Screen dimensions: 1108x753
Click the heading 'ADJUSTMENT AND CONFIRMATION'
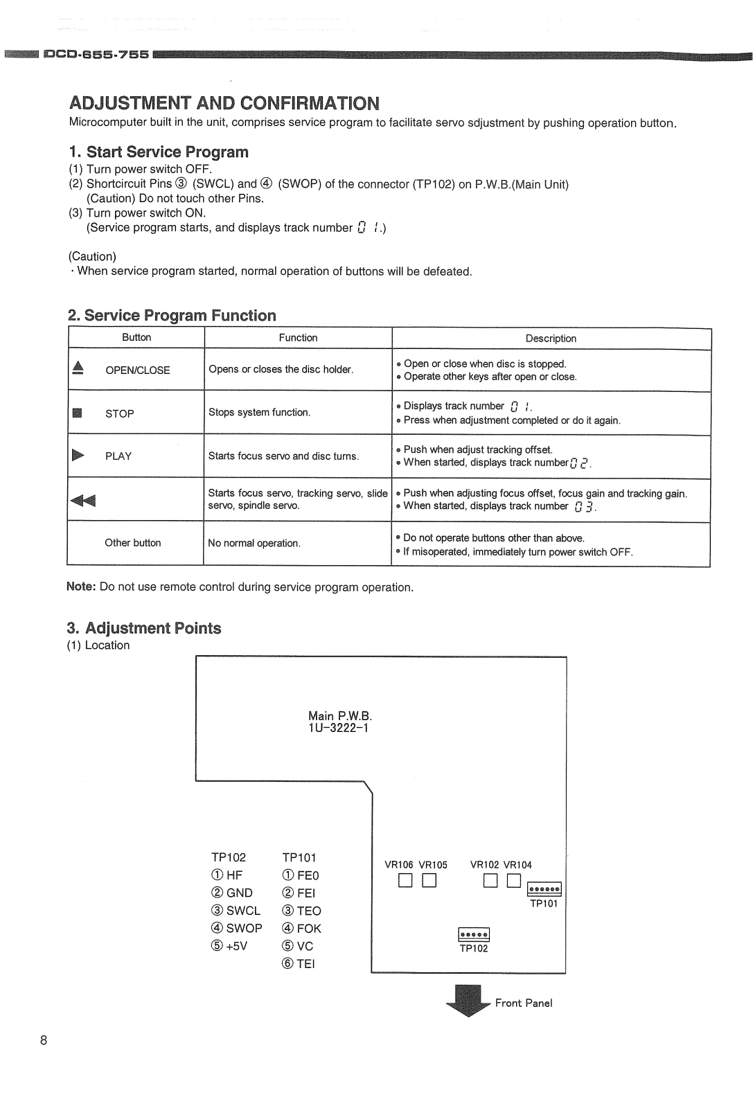(224, 103)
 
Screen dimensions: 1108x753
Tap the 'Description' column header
(551, 339)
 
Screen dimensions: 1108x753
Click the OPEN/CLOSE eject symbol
(78, 368)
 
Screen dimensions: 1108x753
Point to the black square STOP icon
(78, 413)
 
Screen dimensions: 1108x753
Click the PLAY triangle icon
(78, 455)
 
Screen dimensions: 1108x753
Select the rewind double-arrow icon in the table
(83, 500)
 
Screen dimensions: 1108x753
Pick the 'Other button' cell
(133, 543)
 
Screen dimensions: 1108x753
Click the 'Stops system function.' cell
(260, 412)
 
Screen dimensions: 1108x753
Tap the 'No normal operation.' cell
(254, 543)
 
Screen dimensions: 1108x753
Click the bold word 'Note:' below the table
(81, 587)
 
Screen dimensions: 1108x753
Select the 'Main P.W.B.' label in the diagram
(339, 716)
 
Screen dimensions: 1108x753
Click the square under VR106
(405, 881)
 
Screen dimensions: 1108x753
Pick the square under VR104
(513, 881)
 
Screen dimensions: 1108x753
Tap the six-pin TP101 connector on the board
(544, 890)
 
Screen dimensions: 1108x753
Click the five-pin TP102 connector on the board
(474, 935)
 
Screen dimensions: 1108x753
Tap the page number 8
(44, 1040)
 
